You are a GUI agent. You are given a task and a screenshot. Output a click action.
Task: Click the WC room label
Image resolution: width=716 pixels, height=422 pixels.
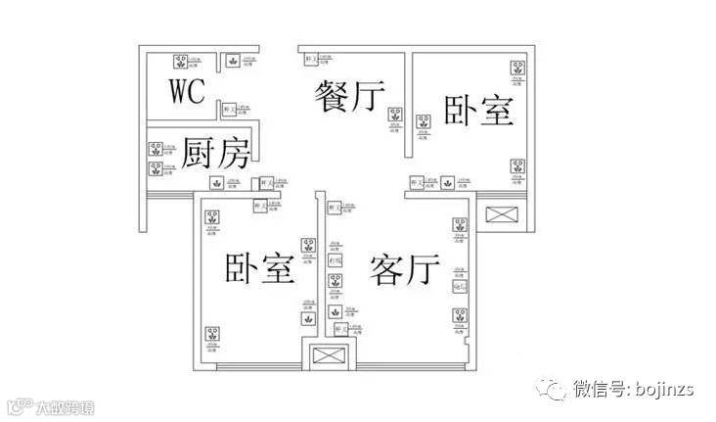pos(186,91)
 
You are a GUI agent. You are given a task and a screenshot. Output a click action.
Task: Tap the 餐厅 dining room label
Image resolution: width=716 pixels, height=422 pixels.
pos(348,98)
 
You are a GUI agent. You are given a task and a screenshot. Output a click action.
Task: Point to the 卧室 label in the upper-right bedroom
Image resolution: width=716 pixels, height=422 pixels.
pos(478,109)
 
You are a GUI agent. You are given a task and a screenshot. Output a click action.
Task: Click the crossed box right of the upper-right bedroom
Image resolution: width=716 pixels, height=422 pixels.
pos(504,216)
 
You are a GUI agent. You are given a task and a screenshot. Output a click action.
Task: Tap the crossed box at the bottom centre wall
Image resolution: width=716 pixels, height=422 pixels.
pos(323,357)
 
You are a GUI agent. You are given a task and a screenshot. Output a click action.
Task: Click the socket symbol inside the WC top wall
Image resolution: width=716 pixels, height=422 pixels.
pos(233,62)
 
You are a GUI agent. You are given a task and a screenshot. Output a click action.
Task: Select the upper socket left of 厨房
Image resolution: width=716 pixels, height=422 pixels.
pos(154,150)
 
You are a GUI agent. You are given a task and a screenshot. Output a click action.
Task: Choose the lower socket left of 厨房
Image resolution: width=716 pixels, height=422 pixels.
pos(154,168)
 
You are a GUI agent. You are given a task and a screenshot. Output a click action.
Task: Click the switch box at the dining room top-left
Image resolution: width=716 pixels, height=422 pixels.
pos(310,62)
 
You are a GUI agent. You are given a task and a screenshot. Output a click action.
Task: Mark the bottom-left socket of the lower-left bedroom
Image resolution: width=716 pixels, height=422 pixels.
pos(208,334)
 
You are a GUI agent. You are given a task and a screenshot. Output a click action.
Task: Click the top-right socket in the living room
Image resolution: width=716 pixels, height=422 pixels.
pos(457,225)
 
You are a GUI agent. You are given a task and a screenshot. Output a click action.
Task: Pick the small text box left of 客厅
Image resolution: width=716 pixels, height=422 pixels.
pos(335,261)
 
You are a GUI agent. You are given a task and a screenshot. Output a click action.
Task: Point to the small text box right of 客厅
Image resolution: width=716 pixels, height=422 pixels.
pos(458,286)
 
